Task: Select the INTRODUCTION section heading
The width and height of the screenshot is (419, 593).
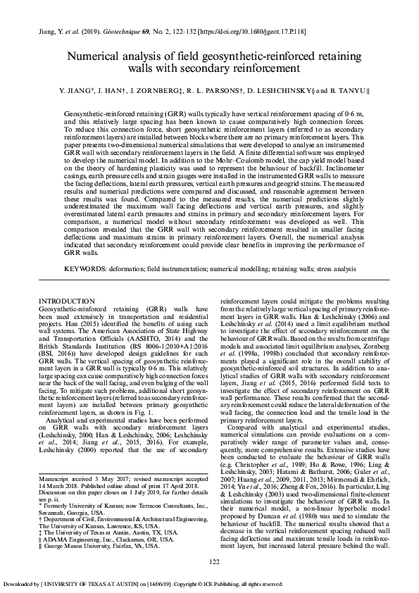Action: click(67, 301)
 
